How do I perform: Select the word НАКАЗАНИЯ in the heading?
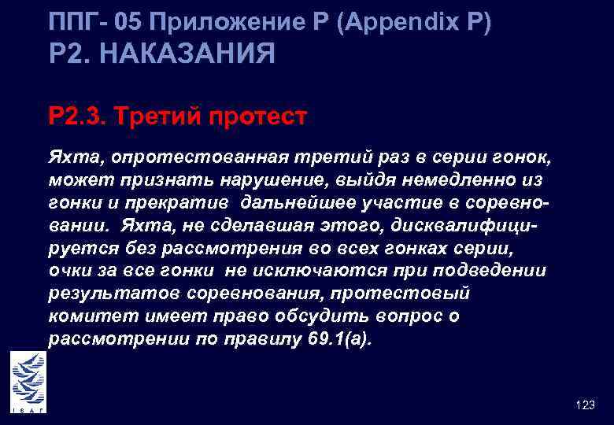[188, 54]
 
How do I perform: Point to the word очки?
[68, 271]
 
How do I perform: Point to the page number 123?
[585, 405]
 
